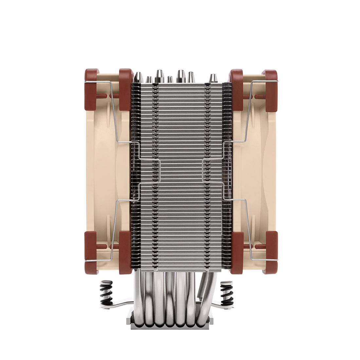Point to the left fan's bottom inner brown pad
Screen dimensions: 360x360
(124, 250)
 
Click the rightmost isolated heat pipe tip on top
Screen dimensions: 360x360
(213, 79)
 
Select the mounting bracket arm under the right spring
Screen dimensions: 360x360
(219, 306)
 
